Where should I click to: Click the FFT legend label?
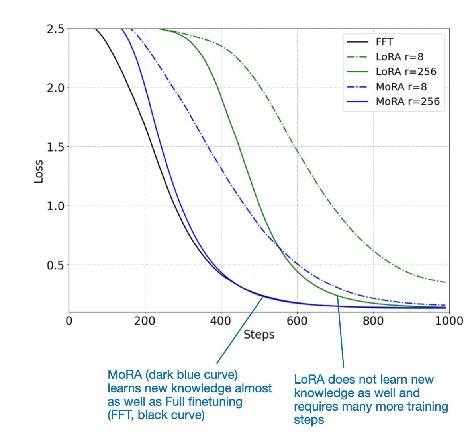[384, 42]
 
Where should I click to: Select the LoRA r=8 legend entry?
[399, 57]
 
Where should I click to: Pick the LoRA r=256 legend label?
[406, 72]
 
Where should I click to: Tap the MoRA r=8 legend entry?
[401, 87]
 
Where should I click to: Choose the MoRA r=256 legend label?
[407, 101]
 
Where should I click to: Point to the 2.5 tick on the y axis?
[55, 29]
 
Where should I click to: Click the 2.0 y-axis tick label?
[55, 88]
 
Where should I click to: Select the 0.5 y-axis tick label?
[55, 265]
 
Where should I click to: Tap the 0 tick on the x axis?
[69, 321]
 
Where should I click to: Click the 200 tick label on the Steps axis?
[145, 321]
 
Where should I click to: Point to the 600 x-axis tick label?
[297, 321]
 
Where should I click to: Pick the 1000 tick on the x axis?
[449, 321]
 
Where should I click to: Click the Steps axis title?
[259, 335]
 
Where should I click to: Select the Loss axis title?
[39, 171]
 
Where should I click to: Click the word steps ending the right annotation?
[309, 420]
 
